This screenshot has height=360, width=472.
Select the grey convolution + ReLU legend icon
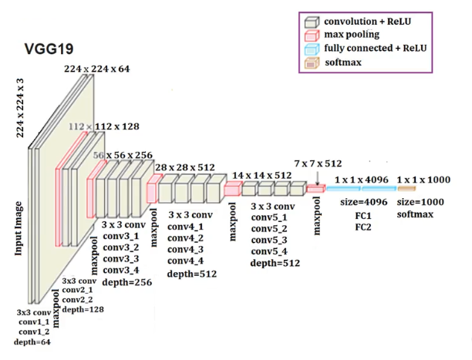pyautogui.click(x=312, y=21)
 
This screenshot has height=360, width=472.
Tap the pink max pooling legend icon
pyautogui.click(x=312, y=35)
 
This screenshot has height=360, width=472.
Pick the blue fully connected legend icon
pyautogui.click(x=312, y=48)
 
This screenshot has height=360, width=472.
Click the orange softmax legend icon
pyautogui.click(x=312, y=62)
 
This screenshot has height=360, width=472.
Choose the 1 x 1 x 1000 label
pyautogui.click(x=423, y=179)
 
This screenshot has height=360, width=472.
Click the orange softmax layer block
pyautogui.click(x=406, y=189)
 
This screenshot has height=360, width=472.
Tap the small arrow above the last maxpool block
pyautogui.click(x=316, y=177)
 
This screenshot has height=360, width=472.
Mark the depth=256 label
pyautogui.click(x=128, y=282)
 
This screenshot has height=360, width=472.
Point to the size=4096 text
pyautogui.click(x=361, y=203)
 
